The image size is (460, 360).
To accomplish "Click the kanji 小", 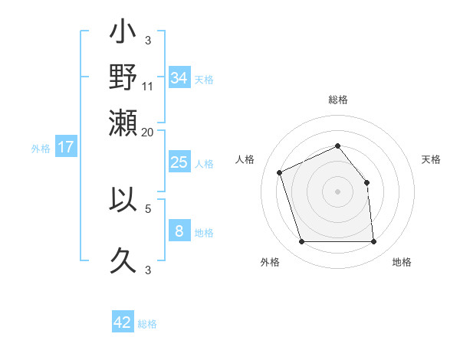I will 123,34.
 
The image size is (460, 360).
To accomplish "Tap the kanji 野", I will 123,78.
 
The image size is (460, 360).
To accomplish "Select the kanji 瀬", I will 123,123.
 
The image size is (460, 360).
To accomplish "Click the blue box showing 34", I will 179,78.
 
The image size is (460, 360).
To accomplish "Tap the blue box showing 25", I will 179,162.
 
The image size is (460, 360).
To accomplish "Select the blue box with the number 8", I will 179,231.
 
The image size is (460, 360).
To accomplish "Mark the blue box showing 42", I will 123,322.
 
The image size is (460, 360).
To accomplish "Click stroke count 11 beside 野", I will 148,86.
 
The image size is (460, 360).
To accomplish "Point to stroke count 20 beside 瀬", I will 148,132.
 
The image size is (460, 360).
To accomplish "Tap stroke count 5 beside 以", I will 148,207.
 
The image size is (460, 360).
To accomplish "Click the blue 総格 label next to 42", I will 147,324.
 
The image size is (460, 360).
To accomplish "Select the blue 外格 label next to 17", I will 41,149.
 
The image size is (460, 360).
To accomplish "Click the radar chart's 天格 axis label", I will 431,159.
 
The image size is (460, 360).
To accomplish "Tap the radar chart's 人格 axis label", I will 245,159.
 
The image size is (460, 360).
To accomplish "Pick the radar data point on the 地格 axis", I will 373,242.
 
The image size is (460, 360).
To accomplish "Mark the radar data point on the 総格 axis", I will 337,146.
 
